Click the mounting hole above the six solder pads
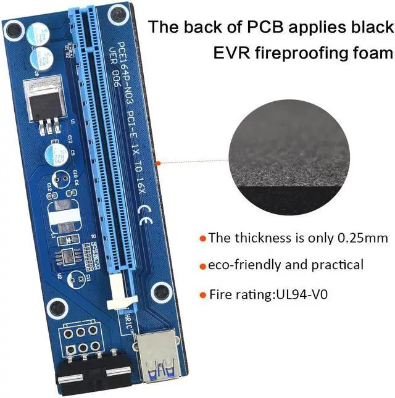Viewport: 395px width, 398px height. coord(57,307)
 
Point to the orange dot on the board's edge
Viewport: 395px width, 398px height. coord(159,163)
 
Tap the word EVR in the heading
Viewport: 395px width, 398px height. coord(230,54)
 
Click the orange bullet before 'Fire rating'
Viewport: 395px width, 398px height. coord(202,295)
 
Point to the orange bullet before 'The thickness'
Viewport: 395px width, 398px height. coord(202,238)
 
